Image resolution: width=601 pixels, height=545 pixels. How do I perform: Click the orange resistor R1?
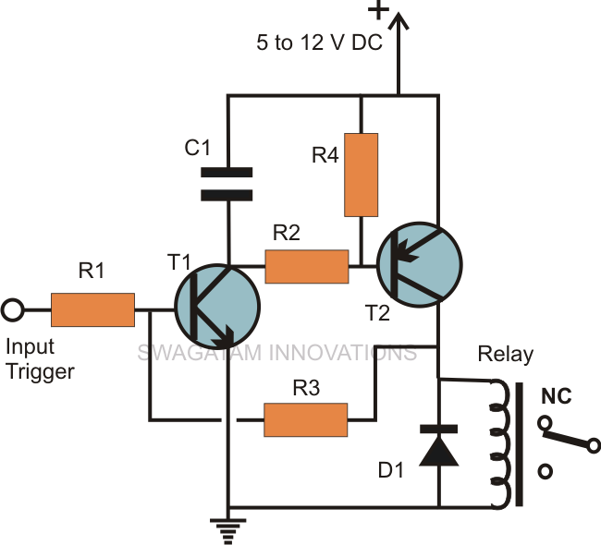tap(92, 309)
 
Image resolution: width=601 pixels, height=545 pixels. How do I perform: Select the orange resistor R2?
tap(306, 267)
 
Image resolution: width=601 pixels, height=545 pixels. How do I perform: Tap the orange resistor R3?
tap(306, 418)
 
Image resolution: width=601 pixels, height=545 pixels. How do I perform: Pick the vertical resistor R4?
tap(361, 176)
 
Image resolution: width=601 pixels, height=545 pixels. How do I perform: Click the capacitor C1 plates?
tap(227, 183)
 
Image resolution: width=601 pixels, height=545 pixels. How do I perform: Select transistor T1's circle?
tap(218, 309)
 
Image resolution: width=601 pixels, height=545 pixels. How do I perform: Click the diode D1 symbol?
tap(438, 443)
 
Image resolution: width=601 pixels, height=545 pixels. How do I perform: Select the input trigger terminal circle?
tap(13, 310)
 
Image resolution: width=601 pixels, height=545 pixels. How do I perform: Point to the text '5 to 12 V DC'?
tap(321, 42)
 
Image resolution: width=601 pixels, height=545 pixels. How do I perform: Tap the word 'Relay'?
tap(505, 355)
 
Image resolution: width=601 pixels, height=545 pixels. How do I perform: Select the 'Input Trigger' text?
tap(40, 359)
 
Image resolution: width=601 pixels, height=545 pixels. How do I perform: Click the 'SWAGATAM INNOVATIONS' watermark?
tap(276, 353)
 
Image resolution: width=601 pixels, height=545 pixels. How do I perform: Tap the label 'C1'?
tap(200, 146)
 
